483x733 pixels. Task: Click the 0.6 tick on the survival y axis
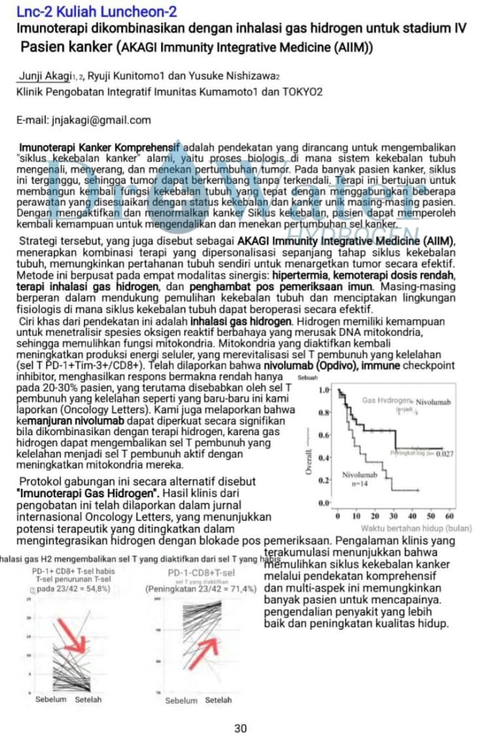pos(324,435)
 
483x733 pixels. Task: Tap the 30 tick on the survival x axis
pos(394,516)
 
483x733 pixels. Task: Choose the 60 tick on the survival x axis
pos(449,516)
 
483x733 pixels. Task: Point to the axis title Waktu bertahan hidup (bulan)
pos(411,528)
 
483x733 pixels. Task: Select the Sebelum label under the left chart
pos(51,699)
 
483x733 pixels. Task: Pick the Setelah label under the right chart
pos(218,699)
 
